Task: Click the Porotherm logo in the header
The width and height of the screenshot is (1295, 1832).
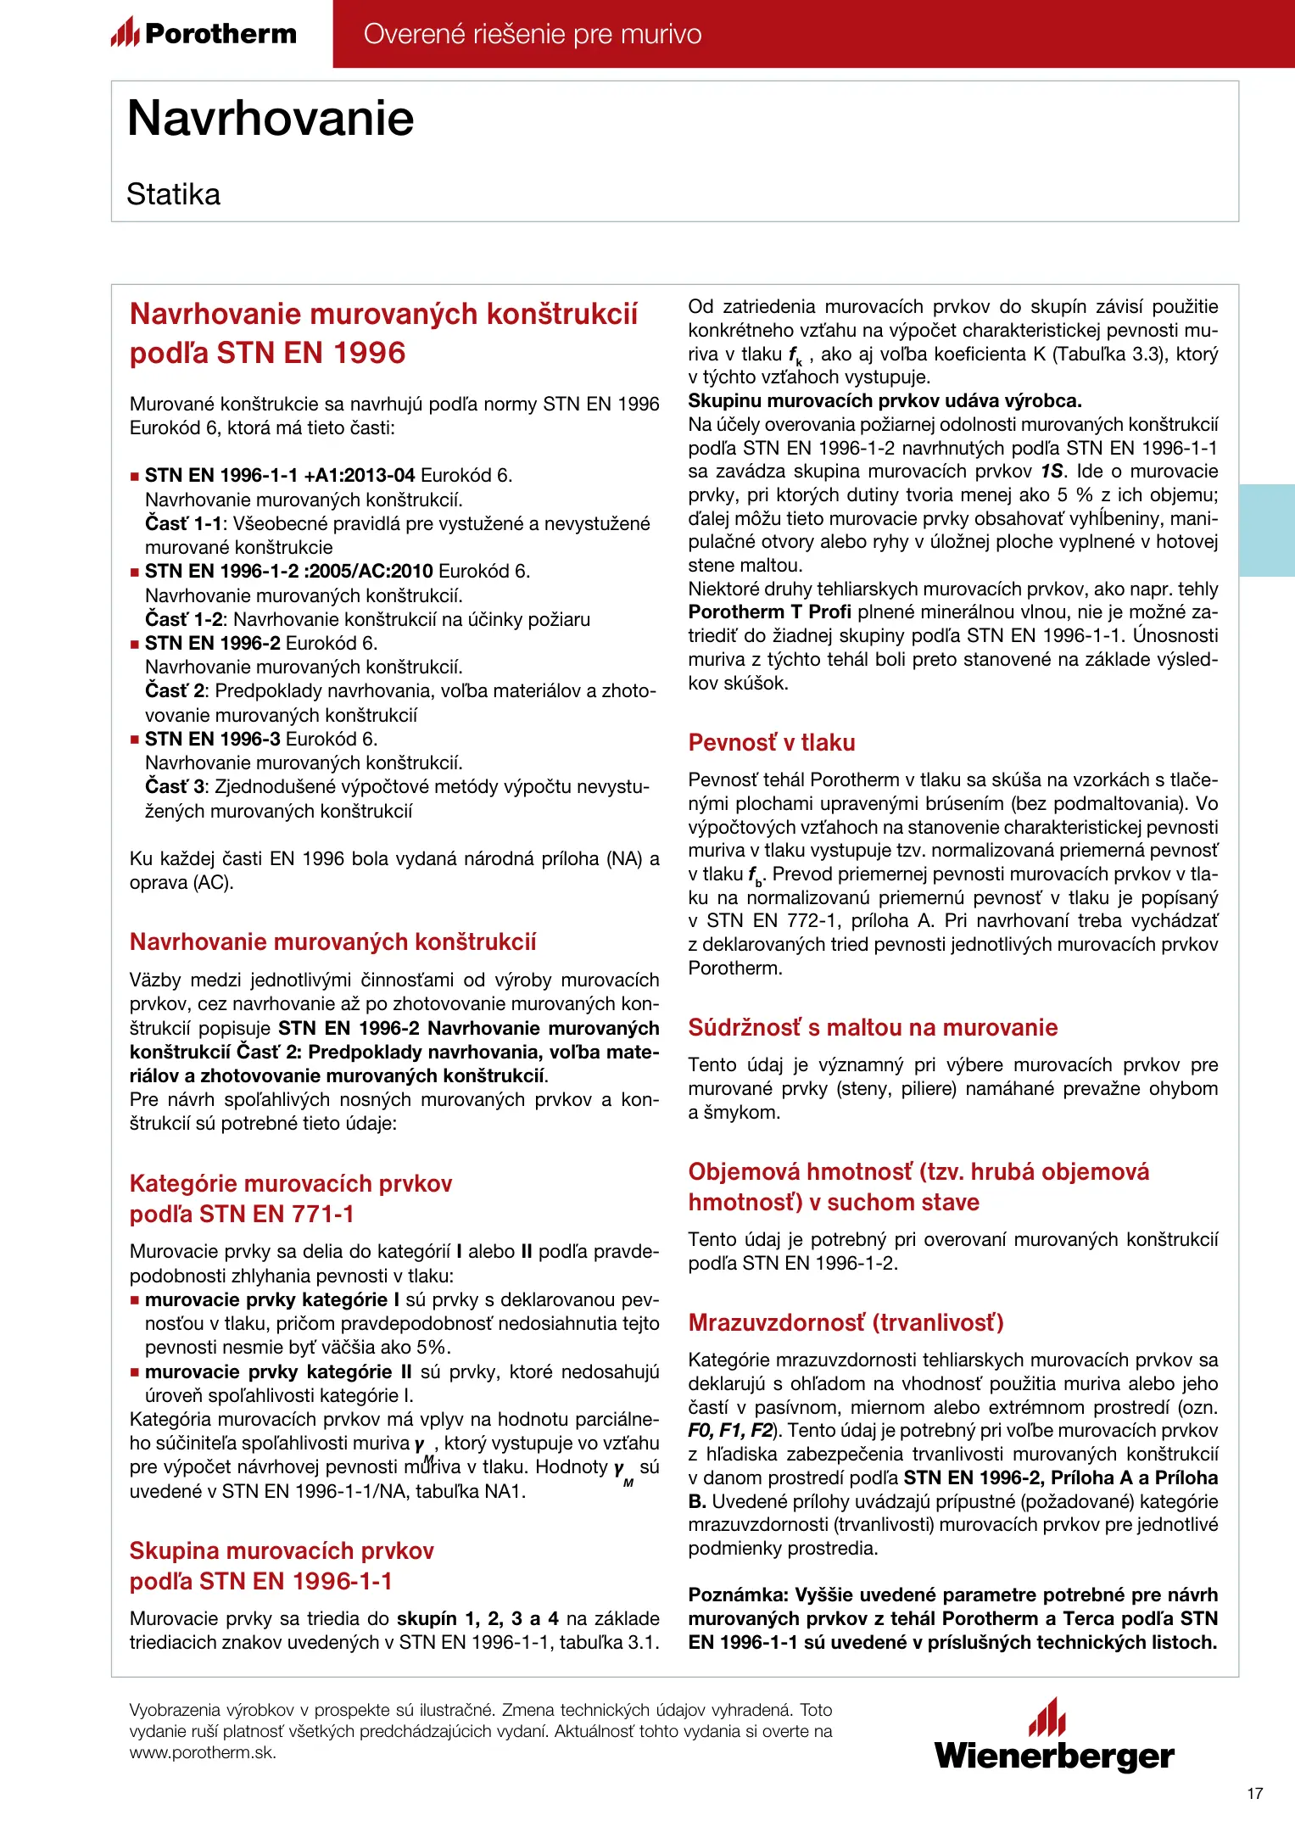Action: pos(204,33)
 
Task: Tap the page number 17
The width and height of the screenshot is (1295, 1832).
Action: pos(1255,1793)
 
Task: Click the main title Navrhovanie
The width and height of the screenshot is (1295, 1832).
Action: pos(271,118)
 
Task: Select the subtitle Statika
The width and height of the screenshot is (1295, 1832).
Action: pos(173,194)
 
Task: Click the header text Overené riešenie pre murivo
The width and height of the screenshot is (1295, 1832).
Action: pos(533,34)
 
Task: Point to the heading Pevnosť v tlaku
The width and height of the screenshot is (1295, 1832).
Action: pos(771,742)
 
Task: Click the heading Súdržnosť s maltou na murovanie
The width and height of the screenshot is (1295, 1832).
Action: pos(873,1027)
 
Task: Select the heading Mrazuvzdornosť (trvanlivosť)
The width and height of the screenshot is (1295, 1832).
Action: pos(846,1322)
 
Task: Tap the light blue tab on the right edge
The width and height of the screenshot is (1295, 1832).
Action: pos(1267,530)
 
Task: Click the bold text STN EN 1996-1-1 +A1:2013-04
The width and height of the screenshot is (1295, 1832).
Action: pos(280,475)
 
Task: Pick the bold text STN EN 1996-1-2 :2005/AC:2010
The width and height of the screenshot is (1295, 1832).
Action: pos(289,571)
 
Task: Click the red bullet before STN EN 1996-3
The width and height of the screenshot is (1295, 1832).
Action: pos(135,740)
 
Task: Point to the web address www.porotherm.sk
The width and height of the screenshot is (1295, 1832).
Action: pos(202,1752)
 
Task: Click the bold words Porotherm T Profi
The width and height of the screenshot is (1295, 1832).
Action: pos(769,612)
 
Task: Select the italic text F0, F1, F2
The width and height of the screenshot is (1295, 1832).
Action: pos(729,1431)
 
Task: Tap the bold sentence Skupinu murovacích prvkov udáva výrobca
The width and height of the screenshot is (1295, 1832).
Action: pos(885,400)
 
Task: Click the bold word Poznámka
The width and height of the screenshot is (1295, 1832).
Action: pos(736,1595)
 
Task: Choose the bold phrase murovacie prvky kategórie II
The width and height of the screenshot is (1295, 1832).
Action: pos(278,1371)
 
